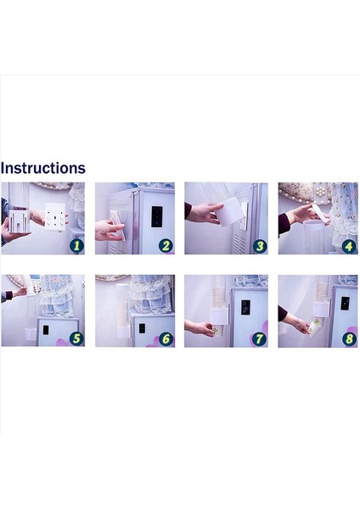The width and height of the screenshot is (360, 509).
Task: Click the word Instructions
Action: tap(43, 168)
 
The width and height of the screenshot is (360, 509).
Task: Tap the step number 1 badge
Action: tap(76, 246)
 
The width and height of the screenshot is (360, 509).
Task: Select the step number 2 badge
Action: tap(166, 246)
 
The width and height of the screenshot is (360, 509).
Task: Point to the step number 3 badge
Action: tap(260, 246)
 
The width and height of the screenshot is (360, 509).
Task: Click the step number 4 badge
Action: tap(349, 246)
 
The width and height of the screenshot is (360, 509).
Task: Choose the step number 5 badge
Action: tap(76, 338)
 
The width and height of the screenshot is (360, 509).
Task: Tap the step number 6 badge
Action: tap(166, 338)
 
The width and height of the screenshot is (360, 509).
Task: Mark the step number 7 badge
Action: tap(259, 338)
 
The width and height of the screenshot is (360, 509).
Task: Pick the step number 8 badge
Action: tap(349, 339)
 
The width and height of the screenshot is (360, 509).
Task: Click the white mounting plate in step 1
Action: tap(55, 216)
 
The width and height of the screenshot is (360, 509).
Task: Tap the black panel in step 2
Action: tap(157, 216)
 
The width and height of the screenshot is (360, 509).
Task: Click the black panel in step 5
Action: tap(46, 330)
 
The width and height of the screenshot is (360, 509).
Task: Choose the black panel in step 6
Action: tap(142, 328)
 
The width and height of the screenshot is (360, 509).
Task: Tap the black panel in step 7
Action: tap(245, 307)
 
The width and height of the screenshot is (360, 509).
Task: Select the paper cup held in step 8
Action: tap(313, 327)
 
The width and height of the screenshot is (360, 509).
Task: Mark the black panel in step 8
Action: tap(345, 303)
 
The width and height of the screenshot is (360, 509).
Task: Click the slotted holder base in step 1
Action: tap(19, 221)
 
